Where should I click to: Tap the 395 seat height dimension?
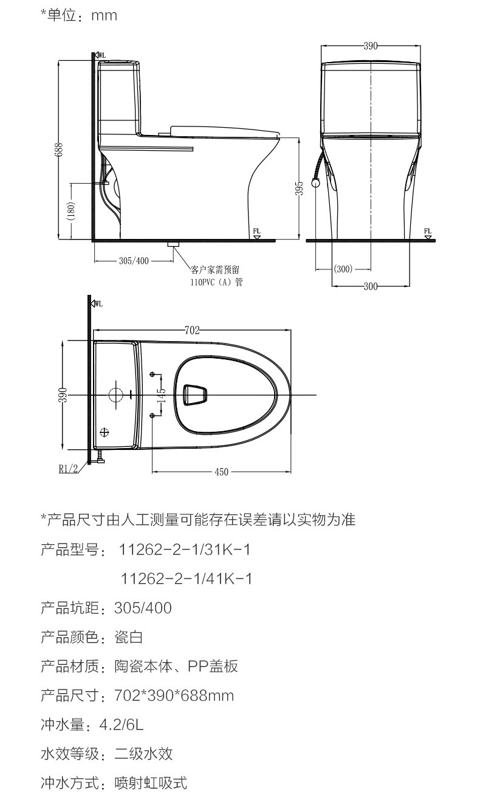tap(299, 188)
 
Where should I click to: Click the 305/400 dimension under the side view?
tap(134, 261)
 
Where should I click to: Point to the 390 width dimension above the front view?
tap(371, 46)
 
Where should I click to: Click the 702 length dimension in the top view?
tap(192, 331)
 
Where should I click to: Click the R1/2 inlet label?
tap(69, 468)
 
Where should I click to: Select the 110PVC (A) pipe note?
tap(216, 282)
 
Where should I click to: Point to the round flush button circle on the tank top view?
tap(116, 393)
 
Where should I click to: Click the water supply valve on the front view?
tap(315, 182)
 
